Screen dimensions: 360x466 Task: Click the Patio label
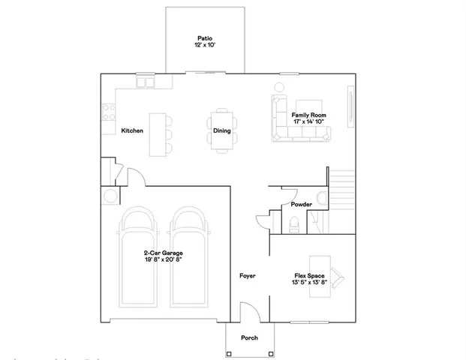(x=204, y=37)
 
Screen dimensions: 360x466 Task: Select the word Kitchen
(x=132, y=130)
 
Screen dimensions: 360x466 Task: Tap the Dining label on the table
(x=221, y=130)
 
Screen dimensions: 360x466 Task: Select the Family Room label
(x=308, y=115)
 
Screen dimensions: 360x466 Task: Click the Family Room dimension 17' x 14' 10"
(x=308, y=121)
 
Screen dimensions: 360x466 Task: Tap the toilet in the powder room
(x=295, y=222)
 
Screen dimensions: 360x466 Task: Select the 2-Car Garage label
(x=164, y=253)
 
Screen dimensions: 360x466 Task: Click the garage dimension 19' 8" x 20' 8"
(x=164, y=260)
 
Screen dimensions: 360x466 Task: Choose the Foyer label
(x=248, y=276)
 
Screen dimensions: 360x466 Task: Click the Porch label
(x=249, y=337)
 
